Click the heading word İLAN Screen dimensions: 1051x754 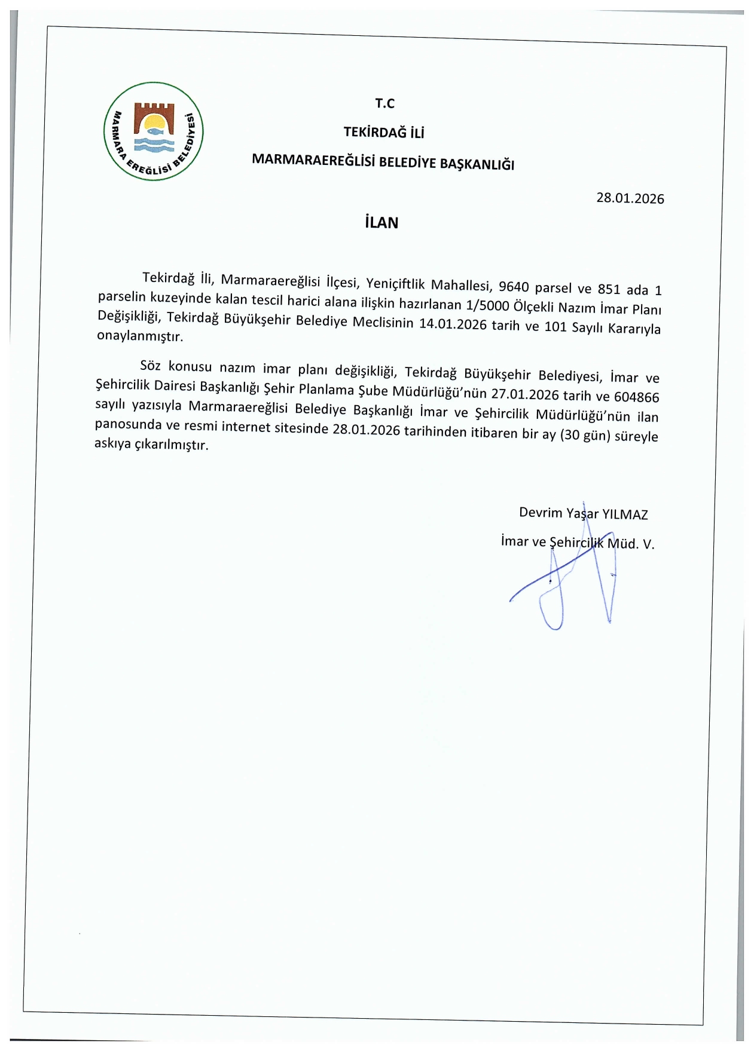coord(381,223)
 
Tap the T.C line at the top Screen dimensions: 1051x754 coord(384,103)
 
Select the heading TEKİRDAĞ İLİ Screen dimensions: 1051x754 coord(383,133)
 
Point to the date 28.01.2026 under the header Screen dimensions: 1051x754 coord(630,198)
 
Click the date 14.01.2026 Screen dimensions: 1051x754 coord(453,324)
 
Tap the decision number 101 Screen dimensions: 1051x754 coord(555,327)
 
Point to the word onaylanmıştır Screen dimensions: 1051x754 coord(140,336)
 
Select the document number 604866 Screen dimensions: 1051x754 coord(636,397)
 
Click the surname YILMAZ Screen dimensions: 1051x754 coord(624,514)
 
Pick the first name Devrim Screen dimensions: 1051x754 coord(541,513)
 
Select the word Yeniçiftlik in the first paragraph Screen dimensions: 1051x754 coord(395,283)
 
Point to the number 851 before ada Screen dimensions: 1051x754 coord(609,289)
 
